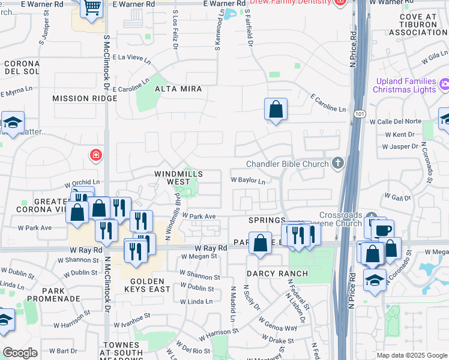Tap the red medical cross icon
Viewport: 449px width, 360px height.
tap(95, 156)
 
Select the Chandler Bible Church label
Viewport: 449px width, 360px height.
tap(287, 164)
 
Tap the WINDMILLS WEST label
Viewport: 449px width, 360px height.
tap(178, 178)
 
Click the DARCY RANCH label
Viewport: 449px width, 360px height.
tap(277, 274)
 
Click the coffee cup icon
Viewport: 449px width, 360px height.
tap(384, 230)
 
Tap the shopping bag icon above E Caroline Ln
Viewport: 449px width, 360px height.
tap(276, 110)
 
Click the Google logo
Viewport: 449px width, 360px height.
tap(20, 353)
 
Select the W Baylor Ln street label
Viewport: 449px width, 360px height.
tap(248, 180)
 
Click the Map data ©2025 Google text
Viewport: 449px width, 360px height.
tap(411, 355)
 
